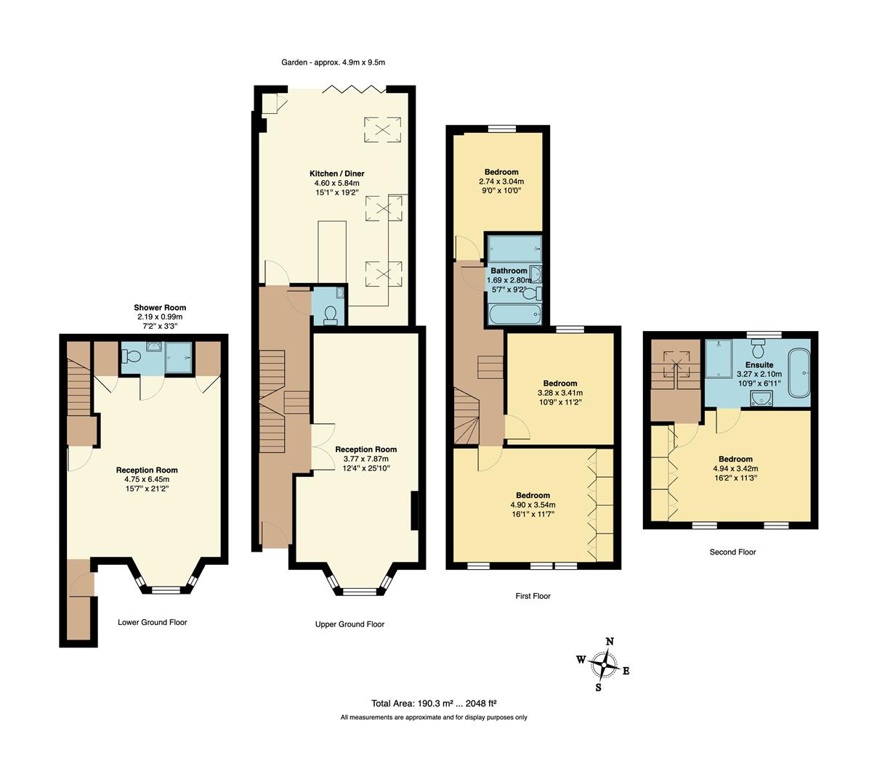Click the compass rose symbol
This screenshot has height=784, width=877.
(x=602, y=662)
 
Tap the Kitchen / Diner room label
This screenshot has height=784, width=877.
(x=336, y=173)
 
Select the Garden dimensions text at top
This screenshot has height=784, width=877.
(x=333, y=62)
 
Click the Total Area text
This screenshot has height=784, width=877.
(x=433, y=703)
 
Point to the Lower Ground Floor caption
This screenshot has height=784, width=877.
(x=152, y=622)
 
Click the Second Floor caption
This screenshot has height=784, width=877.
(x=732, y=552)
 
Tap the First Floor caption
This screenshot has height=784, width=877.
(x=533, y=596)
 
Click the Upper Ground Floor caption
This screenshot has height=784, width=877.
(x=349, y=624)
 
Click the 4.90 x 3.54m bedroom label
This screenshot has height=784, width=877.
(x=533, y=495)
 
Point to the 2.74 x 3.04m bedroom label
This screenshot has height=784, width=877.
(x=501, y=172)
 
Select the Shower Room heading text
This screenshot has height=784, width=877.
(x=160, y=308)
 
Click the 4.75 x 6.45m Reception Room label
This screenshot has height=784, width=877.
(x=146, y=470)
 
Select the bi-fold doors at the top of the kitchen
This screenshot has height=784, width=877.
(x=353, y=89)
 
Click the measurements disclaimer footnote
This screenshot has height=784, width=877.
(x=434, y=717)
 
